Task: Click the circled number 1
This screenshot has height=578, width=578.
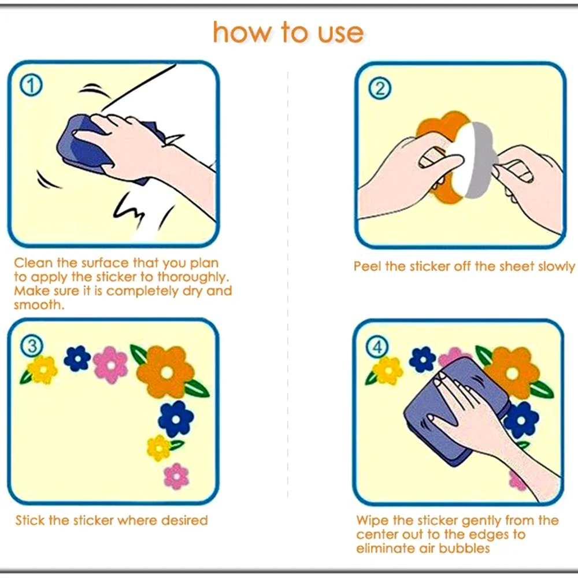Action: click(31, 86)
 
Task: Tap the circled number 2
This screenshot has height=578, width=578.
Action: click(380, 88)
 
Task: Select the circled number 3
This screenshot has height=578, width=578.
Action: click(32, 346)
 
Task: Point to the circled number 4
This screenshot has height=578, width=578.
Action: click(377, 347)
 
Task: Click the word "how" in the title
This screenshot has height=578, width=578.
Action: click(242, 33)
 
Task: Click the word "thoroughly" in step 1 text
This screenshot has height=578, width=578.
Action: click(193, 277)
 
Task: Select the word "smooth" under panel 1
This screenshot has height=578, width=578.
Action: click(38, 305)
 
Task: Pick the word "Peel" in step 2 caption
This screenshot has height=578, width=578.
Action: click(367, 266)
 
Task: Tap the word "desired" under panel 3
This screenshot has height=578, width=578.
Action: click(185, 520)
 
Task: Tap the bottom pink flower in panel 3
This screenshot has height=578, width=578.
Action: click(176, 476)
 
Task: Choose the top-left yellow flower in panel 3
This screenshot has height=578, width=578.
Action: click(43, 370)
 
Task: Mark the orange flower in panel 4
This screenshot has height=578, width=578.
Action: click(512, 373)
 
